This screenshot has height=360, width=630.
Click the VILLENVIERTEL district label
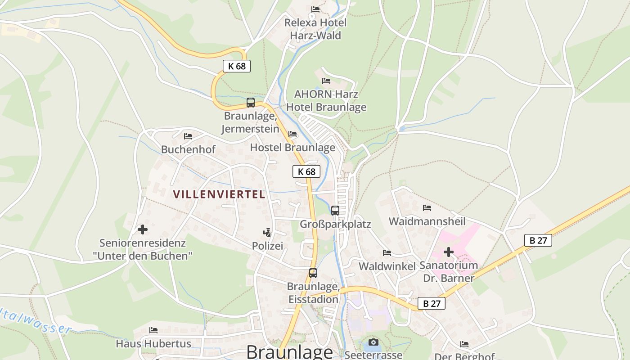219,194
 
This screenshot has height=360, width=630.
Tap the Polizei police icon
267,233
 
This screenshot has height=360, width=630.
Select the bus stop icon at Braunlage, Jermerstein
251,103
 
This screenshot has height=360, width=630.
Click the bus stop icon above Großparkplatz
335,210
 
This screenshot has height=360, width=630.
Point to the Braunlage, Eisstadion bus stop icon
313,273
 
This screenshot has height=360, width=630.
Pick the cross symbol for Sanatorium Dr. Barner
448,252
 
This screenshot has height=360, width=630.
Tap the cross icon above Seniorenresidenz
143,229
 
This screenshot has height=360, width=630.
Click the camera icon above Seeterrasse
373,342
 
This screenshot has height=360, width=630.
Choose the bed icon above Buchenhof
188,136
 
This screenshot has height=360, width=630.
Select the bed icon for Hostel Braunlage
292,134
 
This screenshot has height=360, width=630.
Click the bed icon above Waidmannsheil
427,208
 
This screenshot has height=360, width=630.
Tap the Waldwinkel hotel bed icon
387,253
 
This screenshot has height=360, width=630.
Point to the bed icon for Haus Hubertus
153,330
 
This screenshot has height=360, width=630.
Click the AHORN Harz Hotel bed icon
326,81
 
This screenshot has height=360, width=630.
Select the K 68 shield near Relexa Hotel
237,66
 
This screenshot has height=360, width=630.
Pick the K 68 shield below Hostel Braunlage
306,171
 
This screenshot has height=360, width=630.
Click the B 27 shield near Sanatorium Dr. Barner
538,240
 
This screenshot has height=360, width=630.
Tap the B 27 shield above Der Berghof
432,304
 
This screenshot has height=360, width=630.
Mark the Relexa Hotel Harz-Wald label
315,29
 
